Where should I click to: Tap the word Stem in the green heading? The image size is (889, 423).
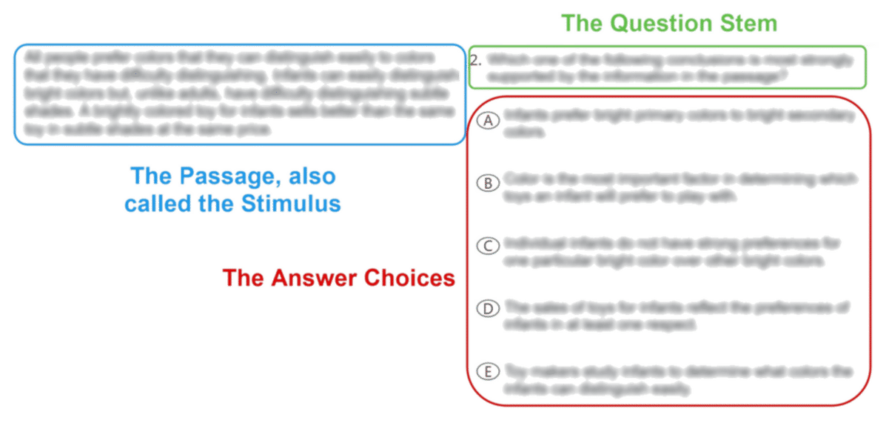750,24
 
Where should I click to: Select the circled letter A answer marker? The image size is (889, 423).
486,121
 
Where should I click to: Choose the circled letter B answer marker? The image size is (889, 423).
486,183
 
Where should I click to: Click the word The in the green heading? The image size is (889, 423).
585,24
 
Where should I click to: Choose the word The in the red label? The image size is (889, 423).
247,279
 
